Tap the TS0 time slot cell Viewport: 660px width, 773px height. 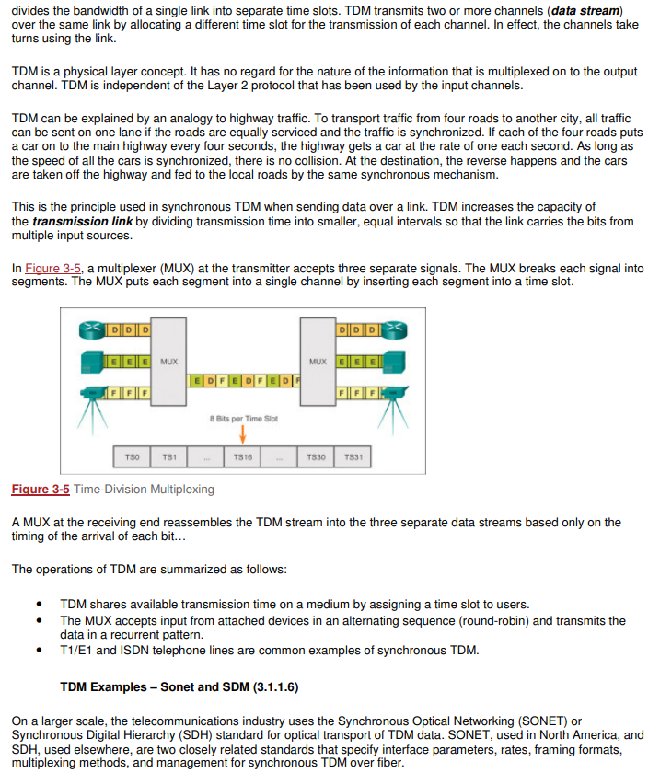point(131,456)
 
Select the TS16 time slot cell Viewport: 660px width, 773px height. point(243,456)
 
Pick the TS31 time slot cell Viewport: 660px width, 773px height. point(353,456)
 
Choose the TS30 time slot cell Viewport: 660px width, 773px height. point(317,456)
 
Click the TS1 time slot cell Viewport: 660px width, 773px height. point(168,456)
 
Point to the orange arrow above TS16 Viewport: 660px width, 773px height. point(243,434)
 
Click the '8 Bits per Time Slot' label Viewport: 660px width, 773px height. point(243,419)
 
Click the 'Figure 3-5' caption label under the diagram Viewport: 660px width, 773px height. point(41,489)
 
